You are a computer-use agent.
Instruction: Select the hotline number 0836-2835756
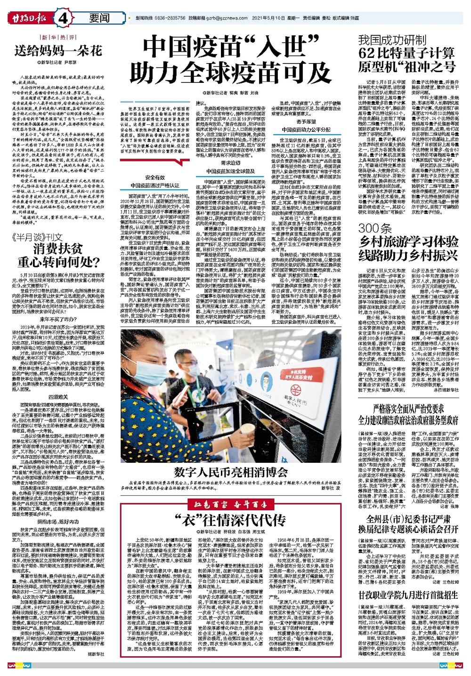click(x=168, y=17)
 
